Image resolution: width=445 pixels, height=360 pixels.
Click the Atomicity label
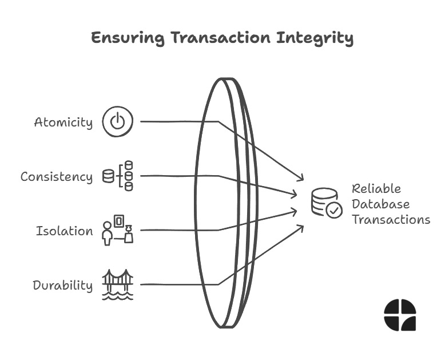[x=63, y=122]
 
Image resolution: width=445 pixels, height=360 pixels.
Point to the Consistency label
[x=56, y=177]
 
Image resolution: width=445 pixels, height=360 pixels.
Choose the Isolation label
[x=64, y=231]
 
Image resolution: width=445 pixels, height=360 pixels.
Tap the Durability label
[x=62, y=286]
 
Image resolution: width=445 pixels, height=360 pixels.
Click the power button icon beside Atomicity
[x=117, y=122]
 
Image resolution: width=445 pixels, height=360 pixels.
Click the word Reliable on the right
[x=376, y=188]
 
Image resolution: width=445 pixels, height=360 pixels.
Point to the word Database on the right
[x=380, y=204]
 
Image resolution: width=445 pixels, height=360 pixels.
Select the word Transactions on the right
[x=391, y=219]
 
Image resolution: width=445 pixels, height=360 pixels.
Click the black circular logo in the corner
[x=400, y=315]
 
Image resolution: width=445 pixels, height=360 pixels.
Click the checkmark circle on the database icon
[x=334, y=211]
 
